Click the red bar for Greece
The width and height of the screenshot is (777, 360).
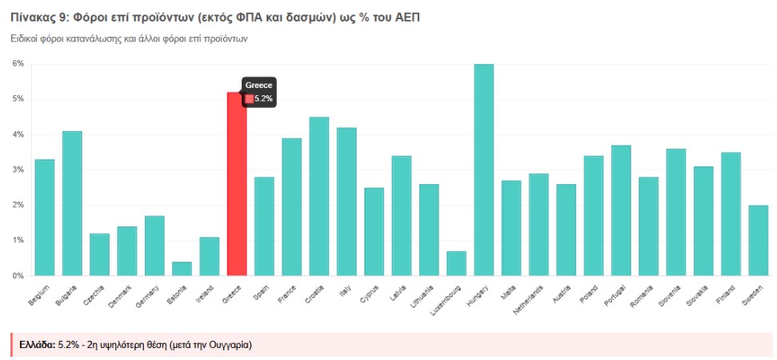[x=236, y=184]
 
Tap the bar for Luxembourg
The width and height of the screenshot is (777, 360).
[x=456, y=263]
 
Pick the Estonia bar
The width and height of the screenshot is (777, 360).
[x=182, y=269]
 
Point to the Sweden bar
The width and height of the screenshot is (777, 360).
[x=758, y=240]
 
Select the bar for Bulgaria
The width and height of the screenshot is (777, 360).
[x=72, y=203]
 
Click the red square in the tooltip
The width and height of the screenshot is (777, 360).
[x=249, y=98]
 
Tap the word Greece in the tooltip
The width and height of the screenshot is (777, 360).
[x=258, y=86]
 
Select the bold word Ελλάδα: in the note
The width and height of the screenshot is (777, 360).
[x=37, y=345]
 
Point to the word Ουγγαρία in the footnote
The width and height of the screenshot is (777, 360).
[x=227, y=345]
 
